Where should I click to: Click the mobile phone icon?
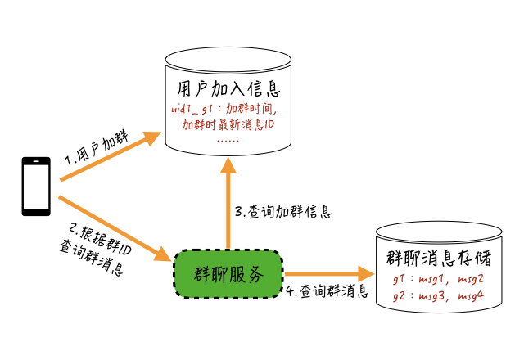[35, 187]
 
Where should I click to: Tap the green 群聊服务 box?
[228, 274]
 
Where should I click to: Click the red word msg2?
[470, 279]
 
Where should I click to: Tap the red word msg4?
[470, 295]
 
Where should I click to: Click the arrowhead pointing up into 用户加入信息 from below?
[228, 163]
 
